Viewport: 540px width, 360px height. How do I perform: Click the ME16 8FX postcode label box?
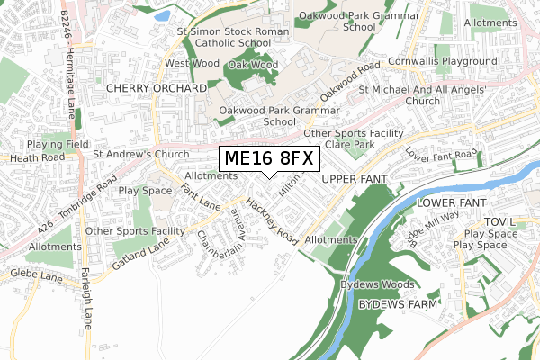(x=269, y=159)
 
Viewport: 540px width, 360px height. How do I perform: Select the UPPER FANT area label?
(x=354, y=180)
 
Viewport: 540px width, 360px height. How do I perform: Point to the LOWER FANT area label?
(x=451, y=203)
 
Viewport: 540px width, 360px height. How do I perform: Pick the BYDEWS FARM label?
(x=399, y=306)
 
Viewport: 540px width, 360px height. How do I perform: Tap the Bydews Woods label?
(x=378, y=284)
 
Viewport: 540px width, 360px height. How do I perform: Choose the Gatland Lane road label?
(x=142, y=253)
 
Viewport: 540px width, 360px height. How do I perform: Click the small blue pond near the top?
(x=162, y=15)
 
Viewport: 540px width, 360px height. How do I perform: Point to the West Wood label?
(x=191, y=64)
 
